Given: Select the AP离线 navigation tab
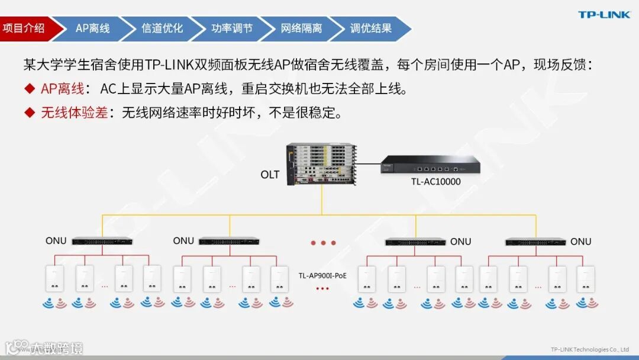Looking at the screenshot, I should click(x=92, y=28).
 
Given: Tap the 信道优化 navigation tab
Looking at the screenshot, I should click(x=162, y=28).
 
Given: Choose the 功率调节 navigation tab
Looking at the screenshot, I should click(x=231, y=28).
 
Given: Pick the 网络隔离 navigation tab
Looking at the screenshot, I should click(x=301, y=28).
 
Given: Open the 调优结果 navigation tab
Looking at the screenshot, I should click(x=370, y=28).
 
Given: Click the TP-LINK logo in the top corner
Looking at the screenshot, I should click(x=604, y=15).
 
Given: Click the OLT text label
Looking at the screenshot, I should click(x=270, y=175).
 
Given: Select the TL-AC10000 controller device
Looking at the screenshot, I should click(x=430, y=165).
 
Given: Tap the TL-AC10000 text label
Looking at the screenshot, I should click(x=436, y=182).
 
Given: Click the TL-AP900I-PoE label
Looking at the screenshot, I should click(x=322, y=275).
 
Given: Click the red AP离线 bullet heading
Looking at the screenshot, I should click(x=62, y=89).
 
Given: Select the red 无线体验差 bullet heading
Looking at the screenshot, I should click(x=74, y=112).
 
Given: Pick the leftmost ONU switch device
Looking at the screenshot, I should click(x=102, y=241).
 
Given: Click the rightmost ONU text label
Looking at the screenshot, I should click(x=580, y=242).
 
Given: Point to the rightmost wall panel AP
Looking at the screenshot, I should click(x=586, y=278).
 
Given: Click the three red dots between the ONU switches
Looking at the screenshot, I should click(x=323, y=243).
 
